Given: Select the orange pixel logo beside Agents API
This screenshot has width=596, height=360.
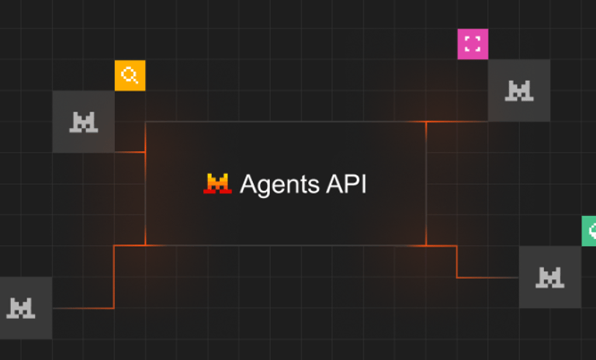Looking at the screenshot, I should [217, 184].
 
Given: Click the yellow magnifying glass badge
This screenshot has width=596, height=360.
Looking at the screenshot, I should [130, 75].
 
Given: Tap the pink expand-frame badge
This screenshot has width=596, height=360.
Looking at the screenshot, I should [473, 44].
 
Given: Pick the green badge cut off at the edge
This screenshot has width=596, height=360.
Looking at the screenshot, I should [589, 231].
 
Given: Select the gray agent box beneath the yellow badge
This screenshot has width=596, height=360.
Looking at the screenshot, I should [83, 121].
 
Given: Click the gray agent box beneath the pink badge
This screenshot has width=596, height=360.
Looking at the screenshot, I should [519, 91].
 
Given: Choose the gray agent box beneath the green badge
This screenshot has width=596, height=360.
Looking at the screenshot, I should [549, 277].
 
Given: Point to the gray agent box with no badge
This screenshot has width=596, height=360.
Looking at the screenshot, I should [23, 308].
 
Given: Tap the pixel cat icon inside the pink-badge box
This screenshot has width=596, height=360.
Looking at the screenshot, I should [519, 91].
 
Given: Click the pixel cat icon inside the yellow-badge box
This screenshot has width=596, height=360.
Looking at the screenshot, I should [83, 121].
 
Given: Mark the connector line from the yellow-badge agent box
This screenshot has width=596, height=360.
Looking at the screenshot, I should [130, 152].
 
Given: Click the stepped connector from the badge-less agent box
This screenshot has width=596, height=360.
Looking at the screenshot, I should [114, 279].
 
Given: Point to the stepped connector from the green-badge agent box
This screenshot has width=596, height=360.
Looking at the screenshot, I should [457, 262].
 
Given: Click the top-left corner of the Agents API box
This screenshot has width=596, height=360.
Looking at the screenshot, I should [146, 122].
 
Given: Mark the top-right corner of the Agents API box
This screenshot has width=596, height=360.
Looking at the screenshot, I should [426, 122].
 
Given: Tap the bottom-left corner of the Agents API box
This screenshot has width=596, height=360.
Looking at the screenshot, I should [146, 245].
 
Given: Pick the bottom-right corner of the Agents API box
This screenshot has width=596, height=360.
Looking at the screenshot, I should [426, 245].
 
